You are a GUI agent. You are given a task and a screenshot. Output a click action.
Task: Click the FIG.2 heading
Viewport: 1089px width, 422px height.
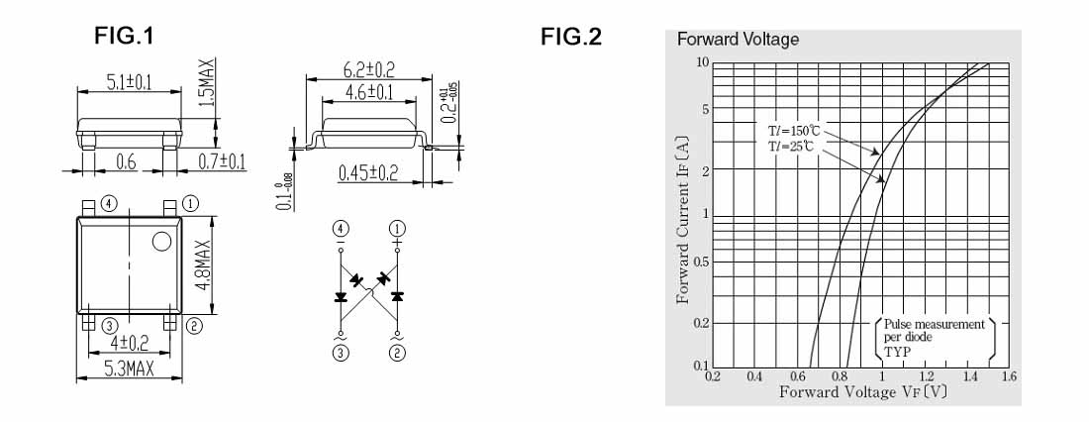[570, 37]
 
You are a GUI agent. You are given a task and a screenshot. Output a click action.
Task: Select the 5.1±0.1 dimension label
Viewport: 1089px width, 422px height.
[129, 83]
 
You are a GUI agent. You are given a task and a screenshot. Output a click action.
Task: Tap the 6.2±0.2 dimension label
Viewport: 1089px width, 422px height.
[368, 69]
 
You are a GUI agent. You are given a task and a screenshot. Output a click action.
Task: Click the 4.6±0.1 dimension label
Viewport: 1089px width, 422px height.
[368, 92]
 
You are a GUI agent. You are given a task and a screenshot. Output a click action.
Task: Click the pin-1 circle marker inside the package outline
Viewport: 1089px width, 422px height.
[161, 241]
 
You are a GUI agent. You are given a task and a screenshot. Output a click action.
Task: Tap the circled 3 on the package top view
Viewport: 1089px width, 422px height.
[109, 324]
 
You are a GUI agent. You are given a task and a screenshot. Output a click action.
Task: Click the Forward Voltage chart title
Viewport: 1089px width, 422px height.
[738, 40]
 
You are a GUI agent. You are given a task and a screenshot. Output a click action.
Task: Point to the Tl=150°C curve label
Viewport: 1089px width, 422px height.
[794, 130]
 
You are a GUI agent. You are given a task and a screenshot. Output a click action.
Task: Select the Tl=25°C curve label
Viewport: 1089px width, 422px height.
[792, 147]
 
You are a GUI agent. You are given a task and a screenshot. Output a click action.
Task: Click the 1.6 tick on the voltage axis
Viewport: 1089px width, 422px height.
[1009, 376]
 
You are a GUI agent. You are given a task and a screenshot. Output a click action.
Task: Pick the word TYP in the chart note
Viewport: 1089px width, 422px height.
[896, 351]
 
